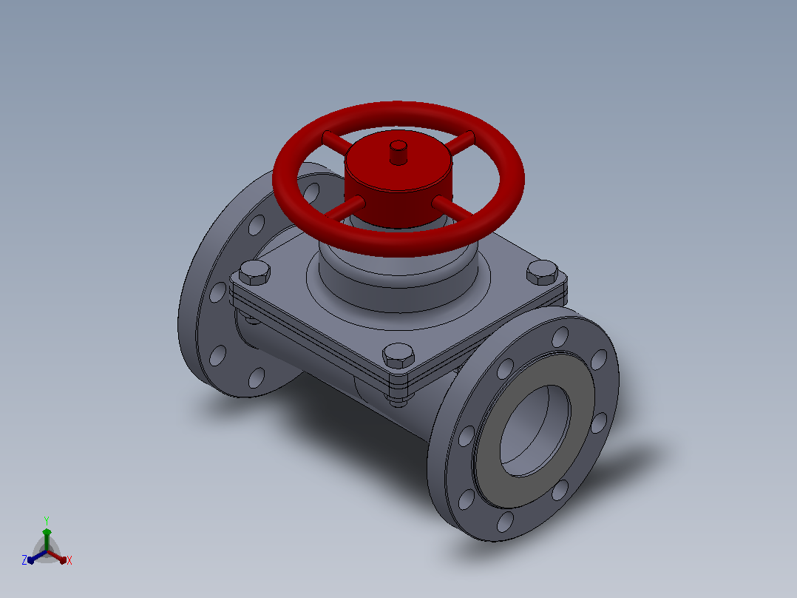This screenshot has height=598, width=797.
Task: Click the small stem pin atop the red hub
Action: (398, 152)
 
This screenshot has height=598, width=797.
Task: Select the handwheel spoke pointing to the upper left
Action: (336, 141)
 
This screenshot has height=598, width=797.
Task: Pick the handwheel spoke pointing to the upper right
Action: (461, 142)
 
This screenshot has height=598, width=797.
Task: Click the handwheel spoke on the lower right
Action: (452, 208)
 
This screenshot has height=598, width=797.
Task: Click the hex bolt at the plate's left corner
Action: (254, 272)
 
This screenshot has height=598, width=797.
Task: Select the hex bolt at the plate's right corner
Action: (543, 272)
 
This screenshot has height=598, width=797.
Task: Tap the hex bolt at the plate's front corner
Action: (398, 355)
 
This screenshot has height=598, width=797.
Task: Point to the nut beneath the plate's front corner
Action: (398, 400)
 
